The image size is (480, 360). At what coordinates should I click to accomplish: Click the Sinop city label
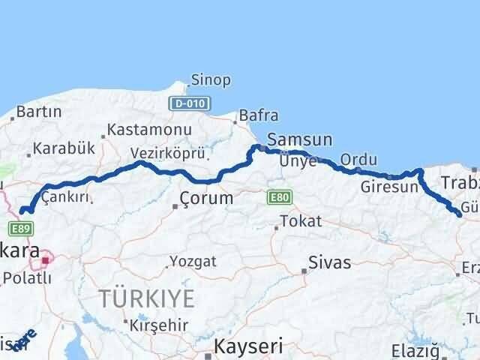point(211,80)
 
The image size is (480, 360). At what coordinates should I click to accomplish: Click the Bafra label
point(259,115)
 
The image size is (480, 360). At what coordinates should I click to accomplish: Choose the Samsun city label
point(299,139)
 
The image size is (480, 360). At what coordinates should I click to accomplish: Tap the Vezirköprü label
point(168,153)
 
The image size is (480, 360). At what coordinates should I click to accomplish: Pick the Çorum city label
point(206,199)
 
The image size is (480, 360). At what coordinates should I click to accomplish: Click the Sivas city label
point(329,263)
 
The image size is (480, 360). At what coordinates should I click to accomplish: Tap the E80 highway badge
point(277,197)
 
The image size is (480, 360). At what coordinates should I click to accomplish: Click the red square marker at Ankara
point(46,260)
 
